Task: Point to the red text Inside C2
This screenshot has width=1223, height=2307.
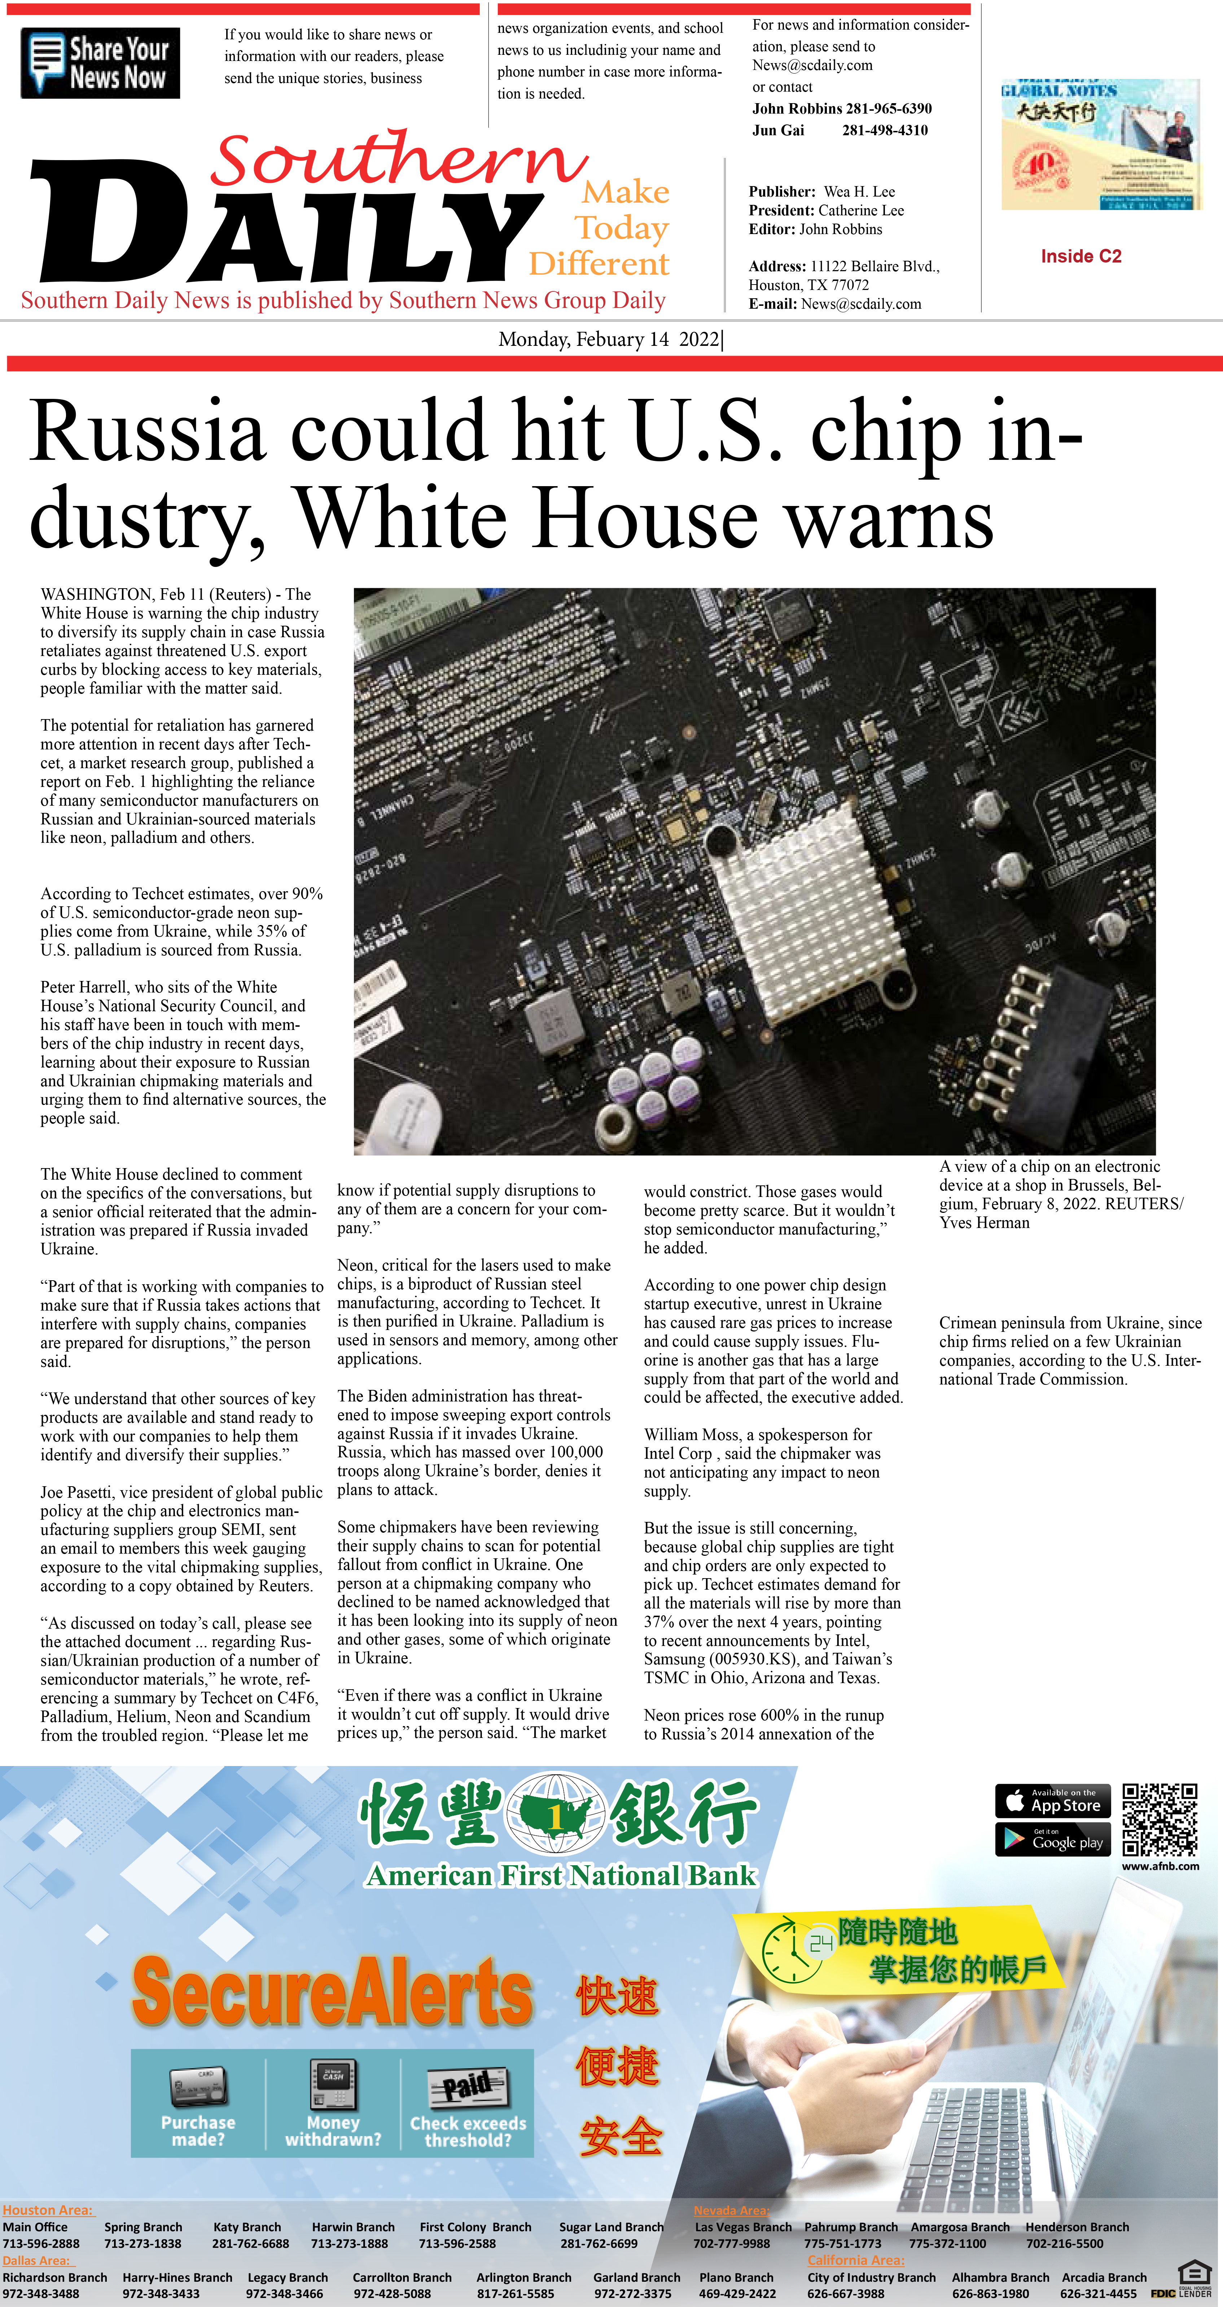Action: point(1080,256)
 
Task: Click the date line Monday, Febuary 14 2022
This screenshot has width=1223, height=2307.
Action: point(609,339)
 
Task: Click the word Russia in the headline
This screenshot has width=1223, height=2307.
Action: point(148,432)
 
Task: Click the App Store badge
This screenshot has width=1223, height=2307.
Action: point(1053,1800)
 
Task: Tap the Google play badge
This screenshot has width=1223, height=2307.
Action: point(1053,1840)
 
